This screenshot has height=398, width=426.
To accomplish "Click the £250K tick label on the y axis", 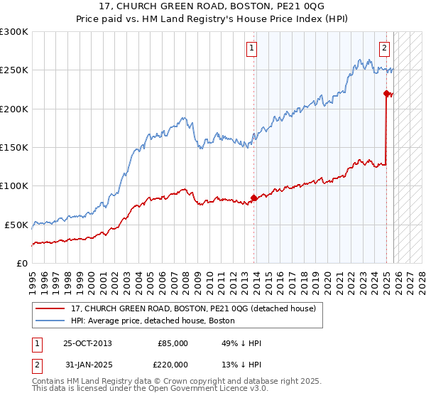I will [x=13, y=70].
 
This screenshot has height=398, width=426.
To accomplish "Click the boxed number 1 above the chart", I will [x=252, y=48].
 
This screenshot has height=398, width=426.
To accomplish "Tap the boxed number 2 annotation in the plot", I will [x=384, y=48].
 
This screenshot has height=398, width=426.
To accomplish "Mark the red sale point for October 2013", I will [x=254, y=198].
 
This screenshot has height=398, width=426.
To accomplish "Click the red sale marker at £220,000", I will [x=386, y=93].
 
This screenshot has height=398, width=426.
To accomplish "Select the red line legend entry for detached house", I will [x=198, y=309].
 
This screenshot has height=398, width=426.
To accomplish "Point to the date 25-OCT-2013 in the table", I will [x=87, y=343].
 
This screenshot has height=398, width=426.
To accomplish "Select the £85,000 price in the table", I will [x=173, y=343].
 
